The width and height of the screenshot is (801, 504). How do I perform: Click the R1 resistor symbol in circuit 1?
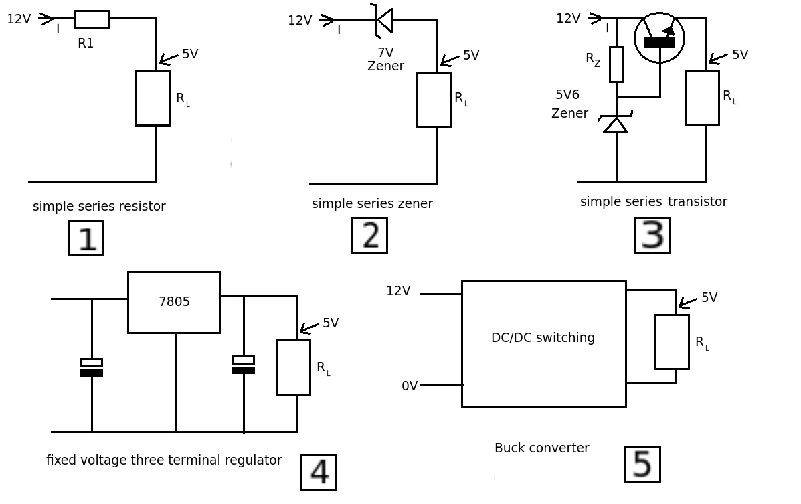[91, 19]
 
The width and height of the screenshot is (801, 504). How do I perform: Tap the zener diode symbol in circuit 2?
[384, 20]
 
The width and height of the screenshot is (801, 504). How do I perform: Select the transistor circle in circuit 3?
[659, 37]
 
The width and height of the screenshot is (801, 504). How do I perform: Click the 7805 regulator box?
[174, 302]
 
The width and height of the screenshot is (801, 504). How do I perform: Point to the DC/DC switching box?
[543, 343]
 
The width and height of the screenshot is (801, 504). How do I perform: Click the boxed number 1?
[86, 238]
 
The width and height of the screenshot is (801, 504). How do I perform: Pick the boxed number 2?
[369, 235]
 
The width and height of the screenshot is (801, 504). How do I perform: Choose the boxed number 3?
[652, 235]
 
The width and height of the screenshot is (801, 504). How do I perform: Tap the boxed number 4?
[318, 473]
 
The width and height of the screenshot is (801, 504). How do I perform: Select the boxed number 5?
[642, 464]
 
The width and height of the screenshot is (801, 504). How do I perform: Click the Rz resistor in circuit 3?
[616, 64]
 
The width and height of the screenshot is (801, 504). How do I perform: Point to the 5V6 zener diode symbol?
[616, 123]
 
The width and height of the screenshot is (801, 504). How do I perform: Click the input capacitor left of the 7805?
[92, 367]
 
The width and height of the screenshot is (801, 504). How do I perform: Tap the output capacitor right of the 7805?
[244, 365]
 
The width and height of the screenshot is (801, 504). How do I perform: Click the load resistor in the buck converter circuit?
[672, 341]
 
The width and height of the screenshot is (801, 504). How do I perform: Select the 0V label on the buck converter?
[410, 386]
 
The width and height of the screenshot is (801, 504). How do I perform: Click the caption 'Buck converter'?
[541, 448]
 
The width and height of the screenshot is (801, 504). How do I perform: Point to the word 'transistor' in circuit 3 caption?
[697, 201]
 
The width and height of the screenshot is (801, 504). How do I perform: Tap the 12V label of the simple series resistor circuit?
[19, 19]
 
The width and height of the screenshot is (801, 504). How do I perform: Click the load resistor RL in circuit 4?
[293, 367]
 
